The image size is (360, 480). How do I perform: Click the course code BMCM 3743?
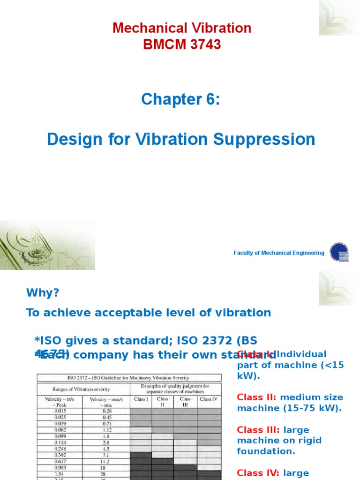tap(181, 45)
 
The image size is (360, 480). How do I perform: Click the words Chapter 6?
tap(180, 99)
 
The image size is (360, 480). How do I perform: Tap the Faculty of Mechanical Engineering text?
tap(279, 253)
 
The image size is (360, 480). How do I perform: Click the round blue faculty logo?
tap(339, 252)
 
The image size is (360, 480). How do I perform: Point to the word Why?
tap(43, 293)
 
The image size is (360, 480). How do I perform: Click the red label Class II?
tap(257, 397)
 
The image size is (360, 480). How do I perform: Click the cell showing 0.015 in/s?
tap(60, 411)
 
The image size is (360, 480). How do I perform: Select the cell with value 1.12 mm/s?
tap(106, 430)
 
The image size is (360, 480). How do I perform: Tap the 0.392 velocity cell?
tap(60, 455)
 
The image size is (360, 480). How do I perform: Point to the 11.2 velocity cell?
tap(106, 461)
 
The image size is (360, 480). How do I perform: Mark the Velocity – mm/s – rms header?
tap(106, 402)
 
